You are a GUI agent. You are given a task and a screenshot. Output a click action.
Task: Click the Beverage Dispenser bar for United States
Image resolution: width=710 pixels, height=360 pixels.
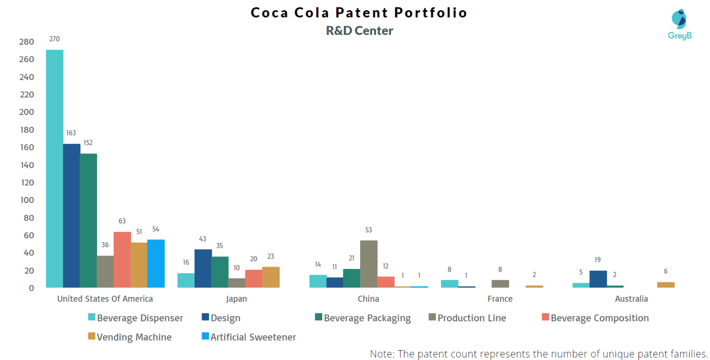pos(55,169)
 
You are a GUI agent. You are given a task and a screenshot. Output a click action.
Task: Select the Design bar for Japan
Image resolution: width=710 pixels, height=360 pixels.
pos(203,268)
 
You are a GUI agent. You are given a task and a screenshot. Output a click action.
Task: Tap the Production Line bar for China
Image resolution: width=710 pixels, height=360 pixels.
pos(369,264)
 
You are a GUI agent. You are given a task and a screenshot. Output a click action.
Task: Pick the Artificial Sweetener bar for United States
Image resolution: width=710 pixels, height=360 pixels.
pos(156,263)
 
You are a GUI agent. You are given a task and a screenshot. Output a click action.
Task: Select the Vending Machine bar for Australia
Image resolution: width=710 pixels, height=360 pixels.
pos(666,285)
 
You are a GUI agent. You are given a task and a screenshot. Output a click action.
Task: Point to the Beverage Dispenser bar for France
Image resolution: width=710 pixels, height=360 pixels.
pos(449,284)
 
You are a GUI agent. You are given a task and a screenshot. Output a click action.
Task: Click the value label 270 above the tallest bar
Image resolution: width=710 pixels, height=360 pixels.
pos(55,39)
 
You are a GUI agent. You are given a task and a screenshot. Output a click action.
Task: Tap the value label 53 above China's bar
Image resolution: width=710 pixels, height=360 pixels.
pos(368,230)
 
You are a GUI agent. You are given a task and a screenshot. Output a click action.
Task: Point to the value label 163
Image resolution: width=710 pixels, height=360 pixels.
pos(71,133)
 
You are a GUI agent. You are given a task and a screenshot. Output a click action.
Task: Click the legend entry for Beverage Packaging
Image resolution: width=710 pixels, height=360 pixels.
pos(362,318)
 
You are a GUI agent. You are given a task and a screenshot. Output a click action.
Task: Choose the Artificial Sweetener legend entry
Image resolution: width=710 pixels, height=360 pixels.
pos(249,337)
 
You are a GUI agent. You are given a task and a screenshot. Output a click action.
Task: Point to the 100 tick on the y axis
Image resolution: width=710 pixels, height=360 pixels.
pos(27,200)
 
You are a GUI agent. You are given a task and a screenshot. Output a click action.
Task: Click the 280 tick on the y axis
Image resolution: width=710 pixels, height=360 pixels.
pos(27,42)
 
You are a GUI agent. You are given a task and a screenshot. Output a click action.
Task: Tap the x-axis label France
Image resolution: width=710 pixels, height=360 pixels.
pos(500,299)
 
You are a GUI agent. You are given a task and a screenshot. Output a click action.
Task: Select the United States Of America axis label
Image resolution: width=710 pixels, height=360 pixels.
pos(105,299)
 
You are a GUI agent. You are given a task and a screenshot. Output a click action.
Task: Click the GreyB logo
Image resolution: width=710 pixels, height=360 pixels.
pos(679,24)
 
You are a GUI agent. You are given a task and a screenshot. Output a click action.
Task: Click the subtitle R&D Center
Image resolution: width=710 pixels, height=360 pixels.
pos(359,31)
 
